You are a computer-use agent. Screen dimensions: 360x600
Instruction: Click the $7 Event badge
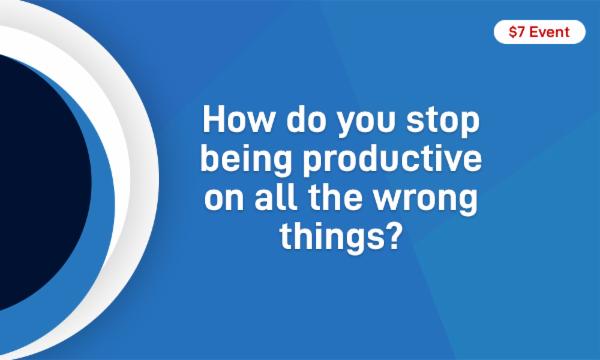pos(539,33)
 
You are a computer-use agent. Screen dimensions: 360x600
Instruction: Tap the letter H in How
pos(214,123)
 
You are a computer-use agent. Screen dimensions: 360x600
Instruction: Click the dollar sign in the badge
pos(512,33)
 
